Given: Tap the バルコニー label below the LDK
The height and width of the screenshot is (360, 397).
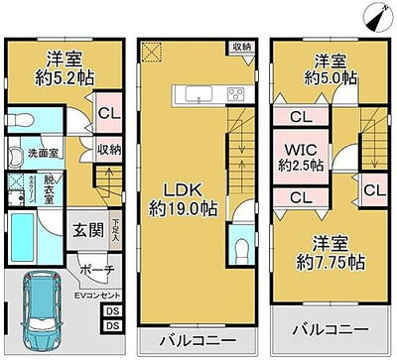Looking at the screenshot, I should tap(191, 339).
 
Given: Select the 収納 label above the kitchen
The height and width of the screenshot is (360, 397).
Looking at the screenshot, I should tap(242, 46).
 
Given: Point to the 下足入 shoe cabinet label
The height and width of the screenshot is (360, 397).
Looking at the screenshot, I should tap(116, 231).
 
